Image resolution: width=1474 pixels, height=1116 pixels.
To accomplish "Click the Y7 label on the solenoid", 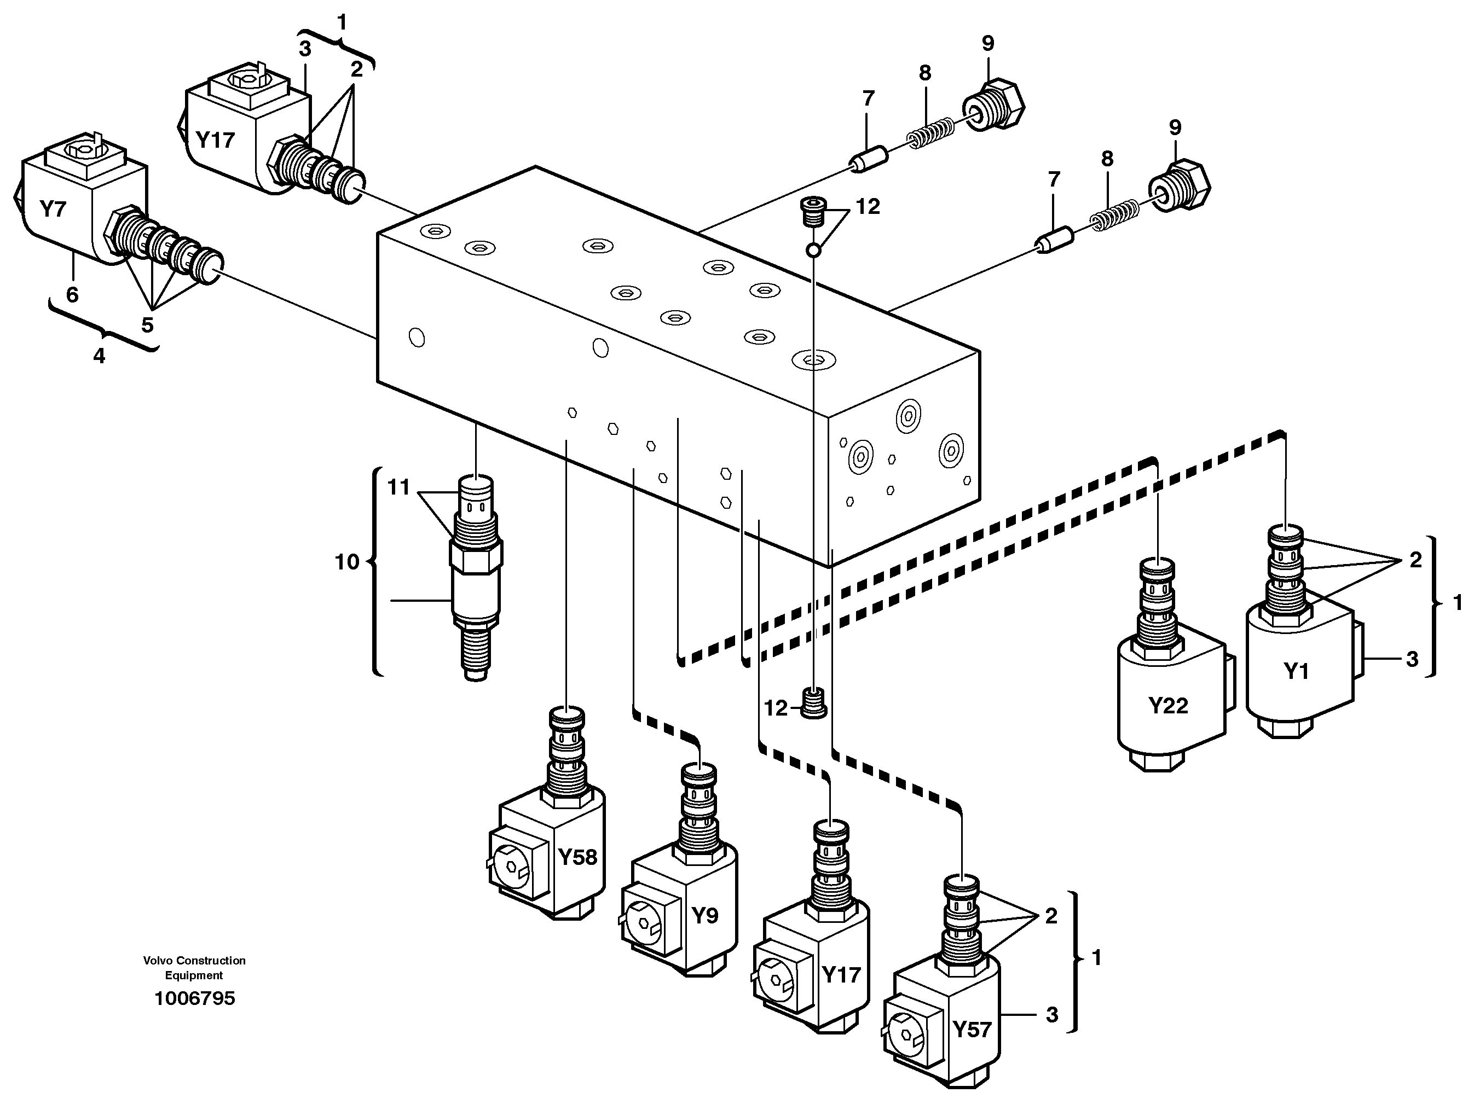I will pos(53,209).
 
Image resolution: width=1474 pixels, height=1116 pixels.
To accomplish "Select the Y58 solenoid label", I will pos(577,857).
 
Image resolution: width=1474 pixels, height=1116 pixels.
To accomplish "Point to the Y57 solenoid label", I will pos(972,1030).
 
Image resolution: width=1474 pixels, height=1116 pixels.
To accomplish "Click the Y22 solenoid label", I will pos(1167,705).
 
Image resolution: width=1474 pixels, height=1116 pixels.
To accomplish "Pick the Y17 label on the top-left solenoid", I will pos(215,140).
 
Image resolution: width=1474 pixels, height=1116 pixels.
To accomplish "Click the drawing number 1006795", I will pos(194,998).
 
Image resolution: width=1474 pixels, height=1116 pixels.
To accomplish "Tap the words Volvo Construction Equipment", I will pos(194,968).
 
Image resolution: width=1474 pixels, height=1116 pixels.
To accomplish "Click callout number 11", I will pos(398,487).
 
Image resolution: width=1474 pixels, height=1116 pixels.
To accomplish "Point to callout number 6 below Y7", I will pos(72,294).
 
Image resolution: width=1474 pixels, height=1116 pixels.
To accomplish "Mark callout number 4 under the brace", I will pos(99,356).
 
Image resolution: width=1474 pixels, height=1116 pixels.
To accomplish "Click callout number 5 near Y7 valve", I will pos(147,325).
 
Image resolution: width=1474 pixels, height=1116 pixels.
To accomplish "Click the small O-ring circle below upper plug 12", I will pos(813,251).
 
